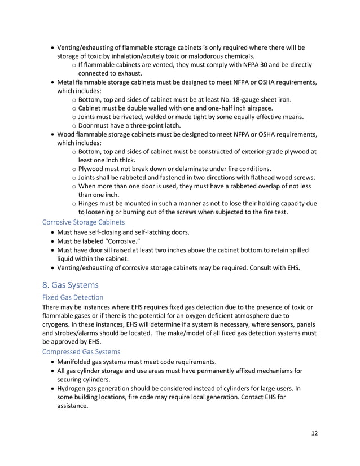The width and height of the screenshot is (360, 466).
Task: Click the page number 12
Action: coord(314,434)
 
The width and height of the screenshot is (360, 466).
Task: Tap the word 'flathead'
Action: coord(262,177)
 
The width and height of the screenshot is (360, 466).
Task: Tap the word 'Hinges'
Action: coord(91,203)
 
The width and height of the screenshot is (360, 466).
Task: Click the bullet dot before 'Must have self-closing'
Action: coord(53,233)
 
